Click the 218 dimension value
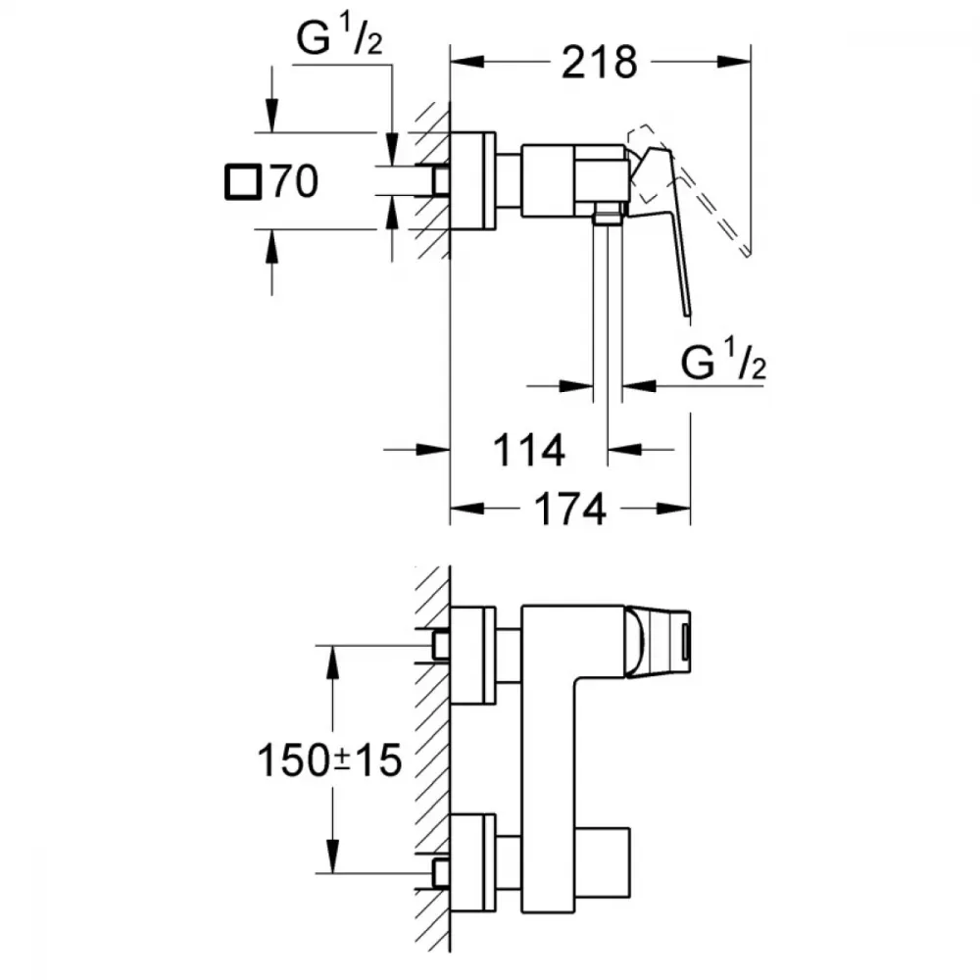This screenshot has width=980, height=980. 600,63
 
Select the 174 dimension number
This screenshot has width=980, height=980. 570,509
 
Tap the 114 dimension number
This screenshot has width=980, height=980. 529,450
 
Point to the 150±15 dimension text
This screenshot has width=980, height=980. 329,760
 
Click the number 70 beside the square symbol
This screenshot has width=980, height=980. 295,182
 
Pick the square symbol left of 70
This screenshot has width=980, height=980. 243,182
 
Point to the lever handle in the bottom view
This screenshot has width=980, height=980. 658,641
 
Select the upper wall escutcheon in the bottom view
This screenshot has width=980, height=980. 473,655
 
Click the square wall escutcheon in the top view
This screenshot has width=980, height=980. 473,180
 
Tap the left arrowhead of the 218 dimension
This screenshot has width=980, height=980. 466,62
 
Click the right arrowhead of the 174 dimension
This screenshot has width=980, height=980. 674,509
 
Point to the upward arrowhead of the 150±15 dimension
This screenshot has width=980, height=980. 332,661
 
